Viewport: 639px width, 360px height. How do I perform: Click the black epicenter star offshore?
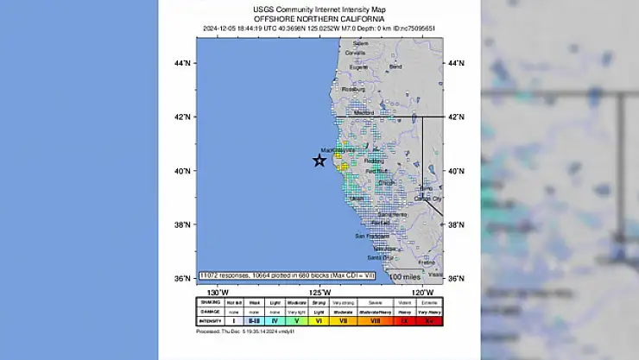[319, 161]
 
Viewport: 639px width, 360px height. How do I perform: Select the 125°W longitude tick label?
[320, 291]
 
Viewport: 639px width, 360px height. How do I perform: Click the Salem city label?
[361, 43]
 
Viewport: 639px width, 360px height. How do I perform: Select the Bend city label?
[395, 66]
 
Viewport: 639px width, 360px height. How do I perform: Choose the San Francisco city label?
[372, 236]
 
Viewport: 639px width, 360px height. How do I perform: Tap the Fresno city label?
[426, 262]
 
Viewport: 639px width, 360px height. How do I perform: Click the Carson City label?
[428, 198]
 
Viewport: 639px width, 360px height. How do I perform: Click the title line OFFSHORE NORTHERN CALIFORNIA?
[319, 18]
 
